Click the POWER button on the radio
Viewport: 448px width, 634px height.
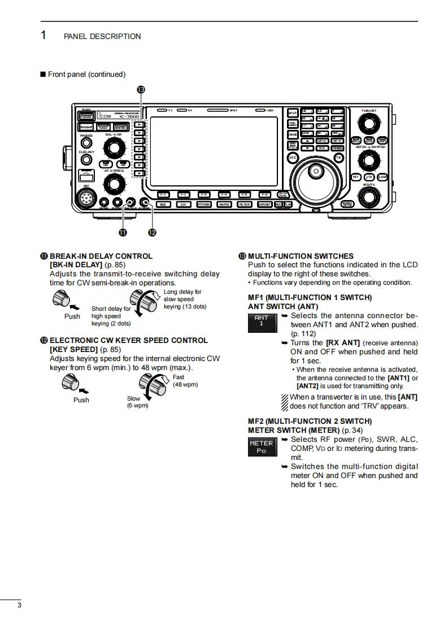click(86, 116)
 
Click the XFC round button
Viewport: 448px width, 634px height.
click(293, 158)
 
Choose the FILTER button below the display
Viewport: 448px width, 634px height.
click(244, 205)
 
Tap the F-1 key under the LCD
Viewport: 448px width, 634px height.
click(163, 194)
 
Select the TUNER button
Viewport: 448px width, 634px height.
click(103, 128)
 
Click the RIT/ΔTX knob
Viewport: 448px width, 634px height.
click(368, 197)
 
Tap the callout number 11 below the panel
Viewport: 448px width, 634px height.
click(122, 232)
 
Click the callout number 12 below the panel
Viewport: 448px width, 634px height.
click(151, 232)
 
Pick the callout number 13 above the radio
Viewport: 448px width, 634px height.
click(141, 89)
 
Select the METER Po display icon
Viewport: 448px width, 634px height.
click(262, 447)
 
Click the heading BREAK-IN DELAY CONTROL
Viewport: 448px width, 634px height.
click(101, 256)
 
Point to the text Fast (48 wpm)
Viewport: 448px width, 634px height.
click(185, 381)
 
